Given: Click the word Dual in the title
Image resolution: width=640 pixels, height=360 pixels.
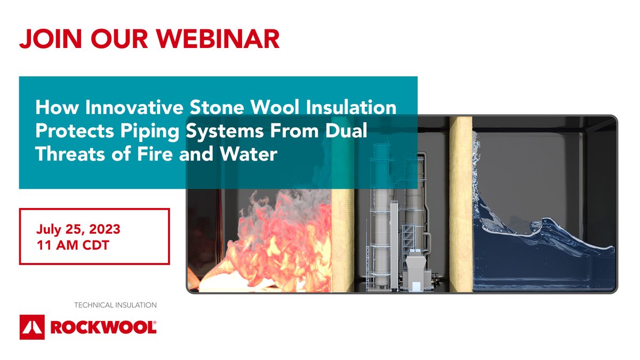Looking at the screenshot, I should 348,131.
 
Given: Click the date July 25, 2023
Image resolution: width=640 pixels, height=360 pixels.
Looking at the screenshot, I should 78,230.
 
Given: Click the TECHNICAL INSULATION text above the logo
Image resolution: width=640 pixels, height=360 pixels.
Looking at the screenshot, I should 115,305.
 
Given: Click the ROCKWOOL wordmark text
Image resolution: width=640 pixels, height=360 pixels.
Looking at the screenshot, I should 103,327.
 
